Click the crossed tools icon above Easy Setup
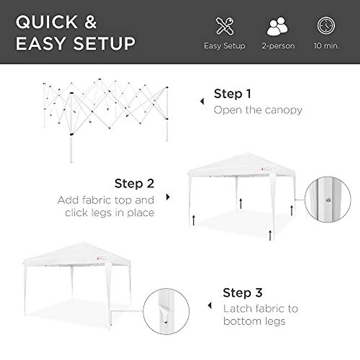tap(225, 26)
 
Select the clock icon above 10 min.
tap(326, 26)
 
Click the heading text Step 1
tap(232, 94)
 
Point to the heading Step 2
tap(134, 183)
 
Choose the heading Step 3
tap(242, 292)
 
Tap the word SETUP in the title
tap(104, 43)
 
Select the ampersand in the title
tap(90, 22)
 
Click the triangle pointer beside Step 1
tap(202, 101)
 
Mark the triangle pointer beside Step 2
tap(168, 197)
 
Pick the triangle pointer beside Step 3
tap(210, 306)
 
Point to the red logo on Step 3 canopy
tap(98, 257)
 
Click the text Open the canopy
tap(258, 110)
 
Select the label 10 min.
tap(326, 46)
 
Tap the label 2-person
tap(278, 46)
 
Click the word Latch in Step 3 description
tap(238, 309)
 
